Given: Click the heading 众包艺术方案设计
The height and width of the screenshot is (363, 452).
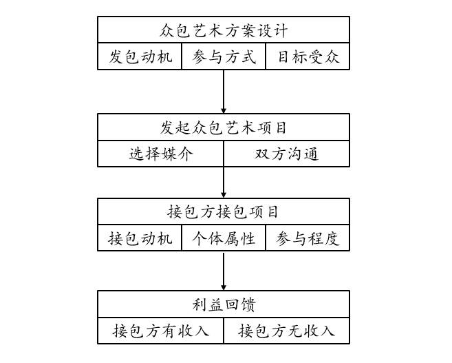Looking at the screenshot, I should pyautogui.click(x=224, y=31).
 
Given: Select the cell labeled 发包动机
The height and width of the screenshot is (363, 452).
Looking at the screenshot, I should pyautogui.click(x=140, y=56).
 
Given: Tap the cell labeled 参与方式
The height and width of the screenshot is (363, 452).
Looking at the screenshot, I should pyautogui.click(x=224, y=56).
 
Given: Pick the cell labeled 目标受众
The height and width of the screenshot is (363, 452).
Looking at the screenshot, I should pyautogui.click(x=308, y=56).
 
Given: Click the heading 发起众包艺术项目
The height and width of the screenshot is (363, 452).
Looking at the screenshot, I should pyautogui.click(x=224, y=127).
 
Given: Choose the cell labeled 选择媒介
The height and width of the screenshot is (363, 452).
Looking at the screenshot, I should pyautogui.click(x=161, y=154).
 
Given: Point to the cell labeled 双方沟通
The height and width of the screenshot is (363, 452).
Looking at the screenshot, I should pyautogui.click(x=286, y=154).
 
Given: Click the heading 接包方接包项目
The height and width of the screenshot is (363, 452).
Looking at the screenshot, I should pyautogui.click(x=224, y=211).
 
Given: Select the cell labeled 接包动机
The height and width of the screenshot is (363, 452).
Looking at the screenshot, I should pyautogui.click(x=140, y=238).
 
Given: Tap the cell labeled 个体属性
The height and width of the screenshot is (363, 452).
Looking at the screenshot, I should pyautogui.click(x=224, y=238).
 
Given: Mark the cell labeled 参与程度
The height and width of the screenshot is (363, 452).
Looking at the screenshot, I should pyautogui.click(x=308, y=238).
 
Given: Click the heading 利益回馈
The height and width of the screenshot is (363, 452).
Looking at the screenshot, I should pyautogui.click(x=224, y=304).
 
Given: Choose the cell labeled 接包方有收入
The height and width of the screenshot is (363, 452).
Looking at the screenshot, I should pyautogui.click(x=161, y=331).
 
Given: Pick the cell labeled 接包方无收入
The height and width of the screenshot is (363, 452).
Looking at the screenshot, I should pyautogui.click(x=286, y=331).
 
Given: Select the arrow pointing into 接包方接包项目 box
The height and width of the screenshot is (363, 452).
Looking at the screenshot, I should pyautogui.click(x=224, y=183).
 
